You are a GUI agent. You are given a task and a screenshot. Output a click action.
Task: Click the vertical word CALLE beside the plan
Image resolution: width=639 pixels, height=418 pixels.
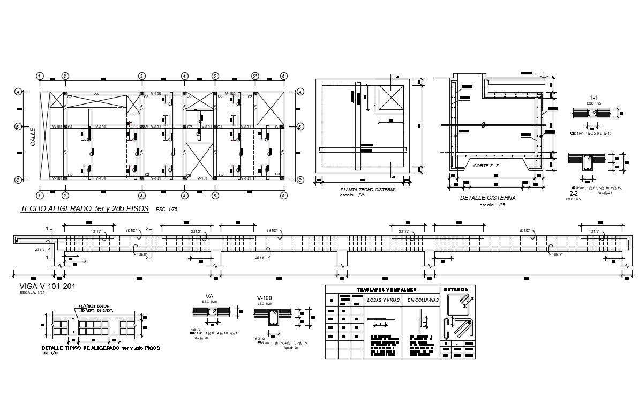[33, 136]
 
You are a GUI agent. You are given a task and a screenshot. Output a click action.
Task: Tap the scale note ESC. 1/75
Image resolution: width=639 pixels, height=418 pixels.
[167, 211]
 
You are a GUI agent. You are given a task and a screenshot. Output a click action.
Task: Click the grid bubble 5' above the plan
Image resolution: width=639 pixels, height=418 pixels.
[255, 76]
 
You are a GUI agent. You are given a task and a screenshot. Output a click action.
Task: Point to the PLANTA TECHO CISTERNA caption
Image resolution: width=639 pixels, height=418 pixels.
[368, 190]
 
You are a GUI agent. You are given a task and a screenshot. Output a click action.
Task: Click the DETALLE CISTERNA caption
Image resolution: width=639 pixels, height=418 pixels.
[487, 198]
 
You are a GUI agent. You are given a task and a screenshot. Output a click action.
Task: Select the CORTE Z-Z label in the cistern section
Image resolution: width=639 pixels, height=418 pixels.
[486, 166]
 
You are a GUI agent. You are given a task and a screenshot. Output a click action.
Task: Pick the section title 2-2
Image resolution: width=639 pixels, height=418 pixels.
[573, 193]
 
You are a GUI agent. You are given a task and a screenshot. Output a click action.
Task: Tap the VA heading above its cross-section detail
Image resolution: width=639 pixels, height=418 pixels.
[209, 296]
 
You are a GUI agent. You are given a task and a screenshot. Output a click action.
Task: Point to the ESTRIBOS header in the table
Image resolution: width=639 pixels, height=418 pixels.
[457, 289]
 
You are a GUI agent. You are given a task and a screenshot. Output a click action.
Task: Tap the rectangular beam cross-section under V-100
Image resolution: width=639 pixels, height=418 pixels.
[273, 320]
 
